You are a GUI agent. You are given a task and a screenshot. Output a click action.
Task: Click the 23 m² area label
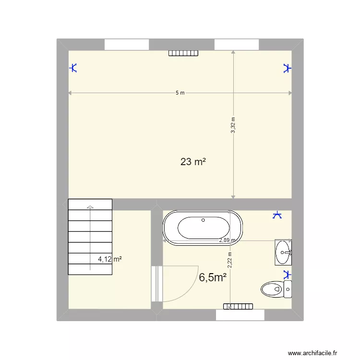[193, 162]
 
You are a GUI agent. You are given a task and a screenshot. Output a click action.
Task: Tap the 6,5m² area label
[212, 277]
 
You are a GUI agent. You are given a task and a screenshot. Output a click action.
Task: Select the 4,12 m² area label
[110, 259]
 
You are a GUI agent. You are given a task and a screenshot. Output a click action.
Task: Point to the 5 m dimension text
[180, 93]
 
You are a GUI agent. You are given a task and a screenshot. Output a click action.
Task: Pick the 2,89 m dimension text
[227, 240]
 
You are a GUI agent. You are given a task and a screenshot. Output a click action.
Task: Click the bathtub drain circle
[203, 220]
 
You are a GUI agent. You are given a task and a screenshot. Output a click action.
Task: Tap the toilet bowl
[271, 289]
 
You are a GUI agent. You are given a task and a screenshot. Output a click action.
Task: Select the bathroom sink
[283, 252]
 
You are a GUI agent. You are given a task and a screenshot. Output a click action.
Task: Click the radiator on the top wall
[183, 53]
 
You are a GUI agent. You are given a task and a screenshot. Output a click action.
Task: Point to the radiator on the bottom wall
[238, 306]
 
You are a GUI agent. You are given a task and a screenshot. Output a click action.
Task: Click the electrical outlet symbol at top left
[73, 68]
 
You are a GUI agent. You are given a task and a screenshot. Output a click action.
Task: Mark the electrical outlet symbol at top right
[287, 68]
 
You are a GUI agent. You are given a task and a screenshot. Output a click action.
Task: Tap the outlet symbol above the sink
[277, 215]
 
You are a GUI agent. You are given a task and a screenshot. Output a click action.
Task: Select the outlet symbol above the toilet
[287, 275]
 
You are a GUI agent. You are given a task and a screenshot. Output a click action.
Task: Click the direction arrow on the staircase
[90, 207]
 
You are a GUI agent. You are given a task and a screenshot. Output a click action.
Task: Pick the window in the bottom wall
[240, 315]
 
